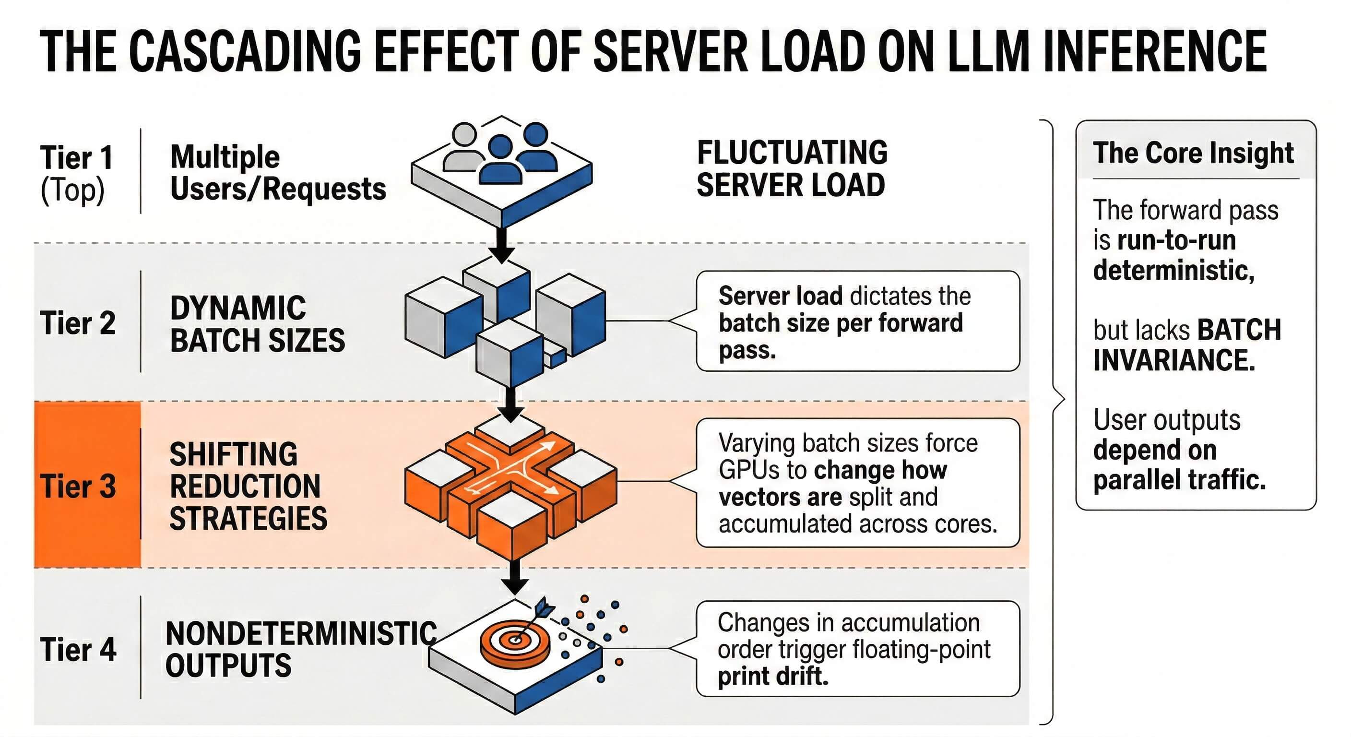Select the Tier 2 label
[78, 322]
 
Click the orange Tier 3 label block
[86, 485]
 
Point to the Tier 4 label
[78, 649]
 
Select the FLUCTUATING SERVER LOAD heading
[792, 169]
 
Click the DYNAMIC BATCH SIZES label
[257, 324]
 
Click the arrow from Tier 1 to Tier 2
[502, 244]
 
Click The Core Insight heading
[1193, 153]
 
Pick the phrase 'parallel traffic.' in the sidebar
[1180, 479]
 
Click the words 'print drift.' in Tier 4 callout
[772, 676]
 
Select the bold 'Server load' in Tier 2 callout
[780, 296]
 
